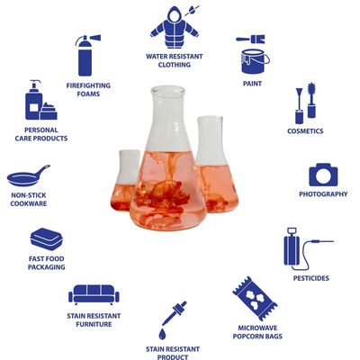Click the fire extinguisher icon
tap(85, 56)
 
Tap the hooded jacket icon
tap(174, 28)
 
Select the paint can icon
tap(255, 61)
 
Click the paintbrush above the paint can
tap(250, 39)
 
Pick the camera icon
tap(323, 175)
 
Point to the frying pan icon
tap(28, 176)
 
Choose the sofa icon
tap(94, 294)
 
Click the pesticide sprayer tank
tap(292, 250)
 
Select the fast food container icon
tap(47, 239)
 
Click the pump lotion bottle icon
tap(34, 100)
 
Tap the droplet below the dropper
tap(162, 334)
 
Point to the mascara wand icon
tap(311, 100)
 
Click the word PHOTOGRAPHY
tap(323, 194)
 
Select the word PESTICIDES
tap(311, 278)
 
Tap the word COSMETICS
tap(305, 131)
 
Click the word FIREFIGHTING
tap(88, 85)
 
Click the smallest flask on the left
tap(126, 180)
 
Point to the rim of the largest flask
tap(168, 90)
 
